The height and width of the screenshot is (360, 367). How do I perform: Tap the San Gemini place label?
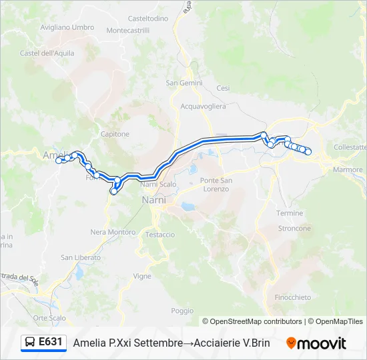coord(180,83)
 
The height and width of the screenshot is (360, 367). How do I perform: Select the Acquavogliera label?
coord(204,106)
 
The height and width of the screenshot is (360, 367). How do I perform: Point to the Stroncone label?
coord(294,228)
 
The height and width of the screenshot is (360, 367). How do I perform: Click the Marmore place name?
coord(348,170)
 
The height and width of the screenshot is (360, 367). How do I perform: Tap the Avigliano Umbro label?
coord(67,27)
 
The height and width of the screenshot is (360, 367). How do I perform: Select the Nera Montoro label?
coord(113,232)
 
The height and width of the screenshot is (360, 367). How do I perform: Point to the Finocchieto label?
coord(292,297)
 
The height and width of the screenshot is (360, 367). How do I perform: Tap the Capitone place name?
coord(115,134)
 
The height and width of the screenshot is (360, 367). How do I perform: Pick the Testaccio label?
coord(160,235)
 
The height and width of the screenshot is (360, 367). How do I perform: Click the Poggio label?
coord(182,311)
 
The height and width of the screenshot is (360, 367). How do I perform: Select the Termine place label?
coord(289,213)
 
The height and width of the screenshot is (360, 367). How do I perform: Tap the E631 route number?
coord(51,342)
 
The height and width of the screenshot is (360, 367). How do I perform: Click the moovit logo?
coord(316,343)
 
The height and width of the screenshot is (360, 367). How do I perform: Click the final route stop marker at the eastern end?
coord(308,152)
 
